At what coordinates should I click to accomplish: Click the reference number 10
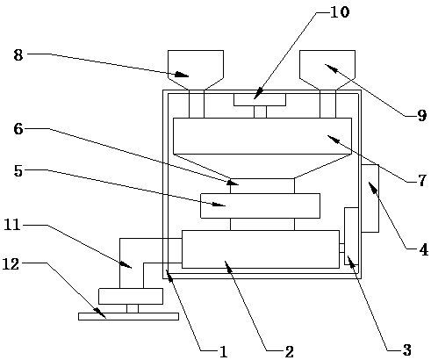click(340, 12)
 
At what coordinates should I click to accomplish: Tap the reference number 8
click(18, 54)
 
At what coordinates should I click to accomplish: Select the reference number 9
click(421, 116)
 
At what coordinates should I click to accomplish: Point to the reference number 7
click(421, 181)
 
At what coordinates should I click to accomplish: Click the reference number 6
click(18, 129)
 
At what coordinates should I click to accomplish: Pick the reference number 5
click(18, 171)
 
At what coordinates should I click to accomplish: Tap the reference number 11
click(12, 225)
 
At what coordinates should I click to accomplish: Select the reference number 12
click(11, 264)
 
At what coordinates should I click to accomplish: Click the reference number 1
click(224, 351)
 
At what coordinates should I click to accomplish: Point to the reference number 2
click(289, 351)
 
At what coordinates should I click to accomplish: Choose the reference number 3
click(406, 349)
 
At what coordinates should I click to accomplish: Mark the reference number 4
click(424, 250)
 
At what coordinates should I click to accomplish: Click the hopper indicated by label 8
click(196, 69)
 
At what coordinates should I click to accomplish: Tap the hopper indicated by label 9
click(327, 69)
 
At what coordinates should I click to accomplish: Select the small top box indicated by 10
click(260, 100)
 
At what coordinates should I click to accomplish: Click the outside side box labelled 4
click(370, 198)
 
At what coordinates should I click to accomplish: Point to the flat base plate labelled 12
click(128, 316)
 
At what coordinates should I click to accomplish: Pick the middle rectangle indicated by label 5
click(260, 205)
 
